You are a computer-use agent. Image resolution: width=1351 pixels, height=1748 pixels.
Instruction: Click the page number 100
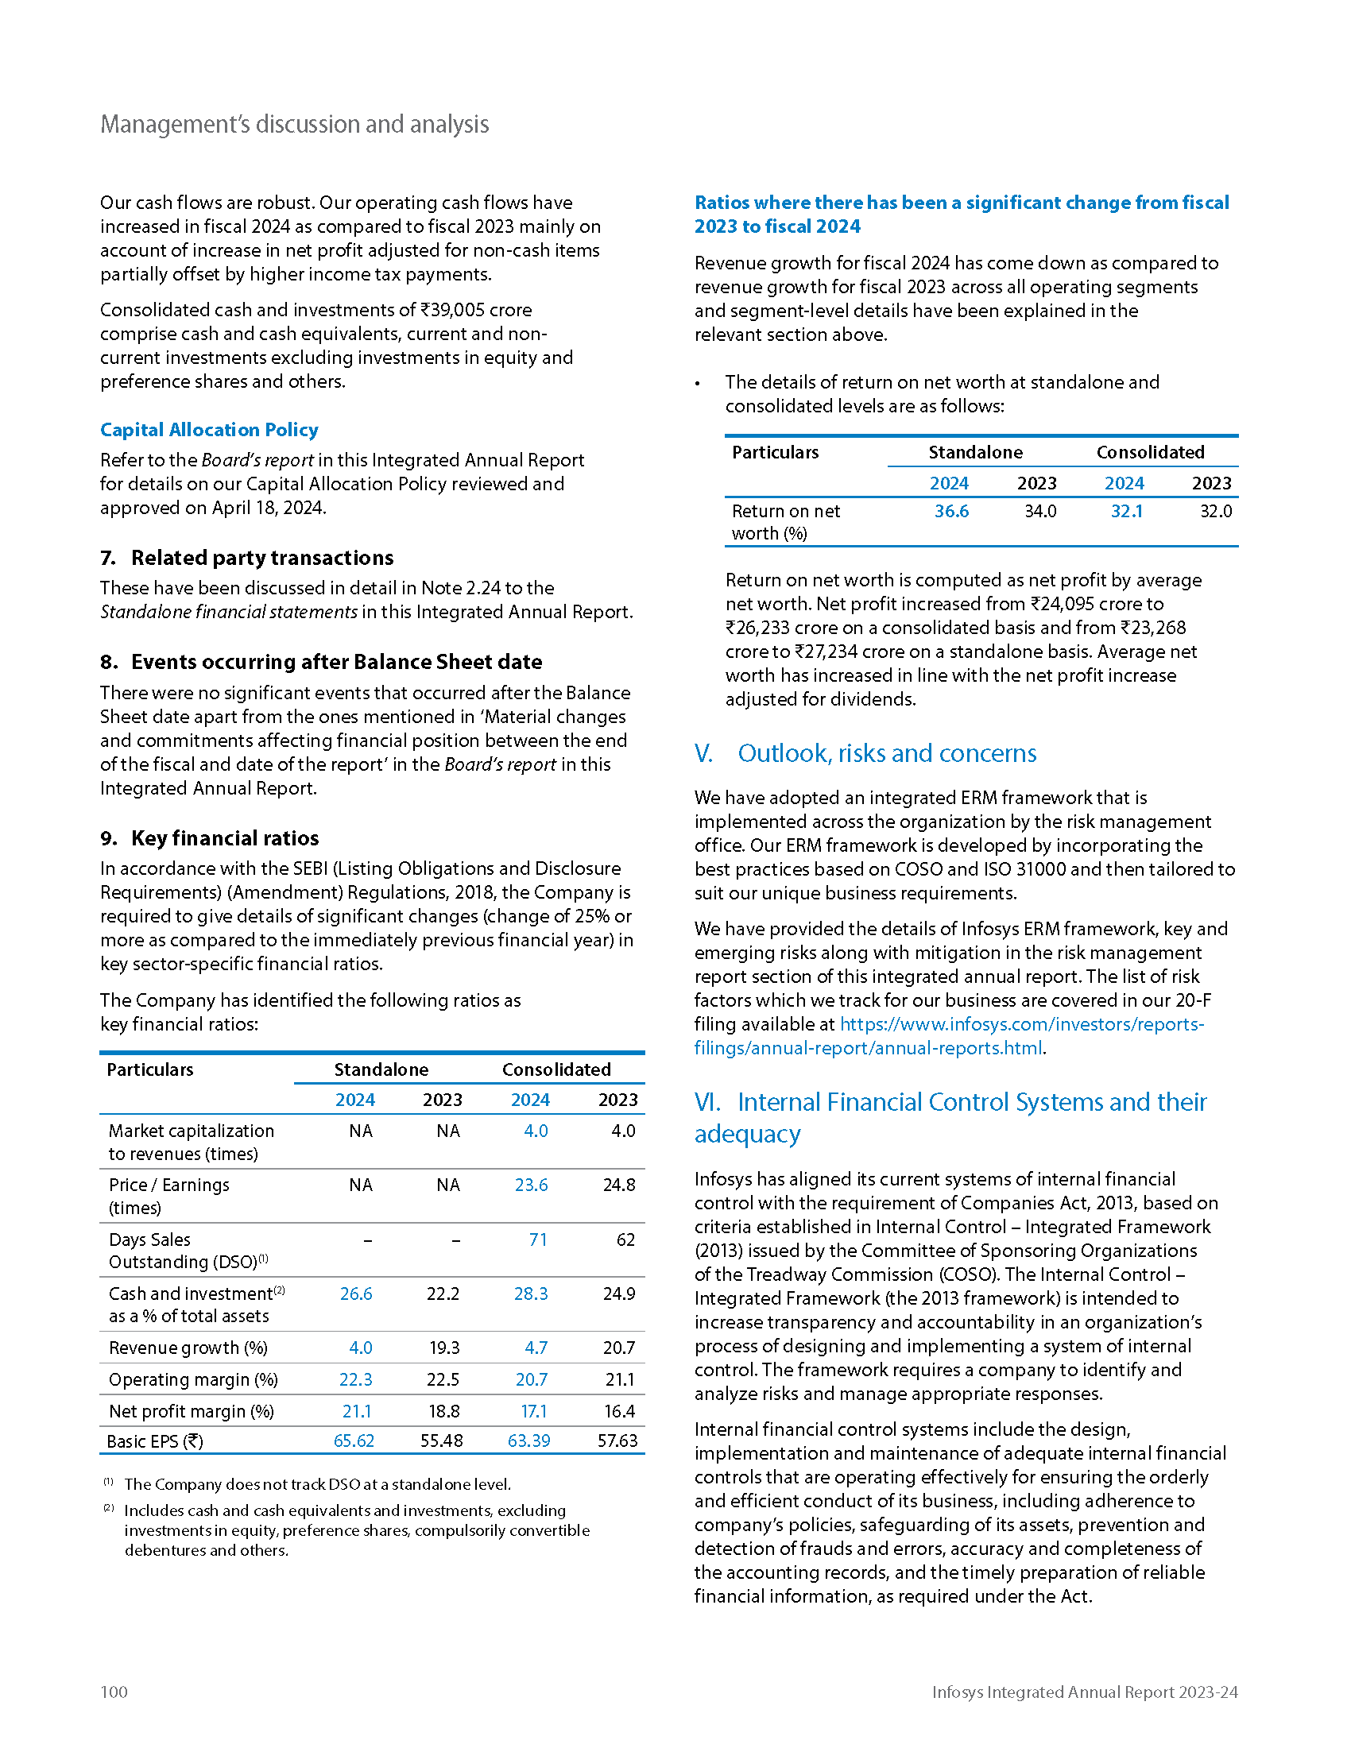pyautogui.click(x=114, y=1691)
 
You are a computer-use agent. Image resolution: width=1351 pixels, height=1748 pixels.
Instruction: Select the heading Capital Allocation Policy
pyautogui.click(x=209, y=430)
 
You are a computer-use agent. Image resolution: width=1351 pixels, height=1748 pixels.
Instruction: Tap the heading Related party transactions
pyautogui.click(x=261, y=558)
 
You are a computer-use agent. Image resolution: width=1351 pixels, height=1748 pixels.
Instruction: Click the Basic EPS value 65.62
pyautogui.click(x=354, y=1441)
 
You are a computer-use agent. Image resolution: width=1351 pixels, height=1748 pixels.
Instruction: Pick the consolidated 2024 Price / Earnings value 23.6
pyautogui.click(x=531, y=1185)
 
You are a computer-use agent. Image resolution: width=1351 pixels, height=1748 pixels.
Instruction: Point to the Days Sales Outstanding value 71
pyautogui.click(x=538, y=1239)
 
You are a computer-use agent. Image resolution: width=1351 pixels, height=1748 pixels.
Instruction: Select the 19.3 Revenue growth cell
pyautogui.click(x=444, y=1348)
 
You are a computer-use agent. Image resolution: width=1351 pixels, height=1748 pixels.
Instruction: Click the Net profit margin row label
pyautogui.click(x=192, y=1411)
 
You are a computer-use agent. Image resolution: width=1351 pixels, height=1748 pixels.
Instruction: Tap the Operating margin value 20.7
pyautogui.click(x=532, y=1379)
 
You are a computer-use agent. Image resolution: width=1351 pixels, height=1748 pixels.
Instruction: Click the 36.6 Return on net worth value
pyautogui.click(x=951, y=511)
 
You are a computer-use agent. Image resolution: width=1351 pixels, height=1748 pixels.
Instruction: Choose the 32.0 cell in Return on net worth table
pyautogui.click(x=1216, y=511)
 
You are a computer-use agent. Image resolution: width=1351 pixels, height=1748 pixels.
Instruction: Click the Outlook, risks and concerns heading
pyautogui.click(x=887, y=753)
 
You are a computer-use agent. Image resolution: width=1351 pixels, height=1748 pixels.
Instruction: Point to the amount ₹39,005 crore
pyautogui.click(x=476, y=310)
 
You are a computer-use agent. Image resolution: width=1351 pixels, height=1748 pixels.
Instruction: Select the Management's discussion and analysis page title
pyautogui.click(x=295, y=124)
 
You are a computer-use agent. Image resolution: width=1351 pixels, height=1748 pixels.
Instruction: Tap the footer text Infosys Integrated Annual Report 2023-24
pyautogui.click(x=1085, y=1691)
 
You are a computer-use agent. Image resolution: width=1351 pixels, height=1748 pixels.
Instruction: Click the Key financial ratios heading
pyautogui.click(x=225, y=838)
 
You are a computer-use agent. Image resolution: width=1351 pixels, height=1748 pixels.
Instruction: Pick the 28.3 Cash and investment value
pyautogui.click(x=531, y=1294)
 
